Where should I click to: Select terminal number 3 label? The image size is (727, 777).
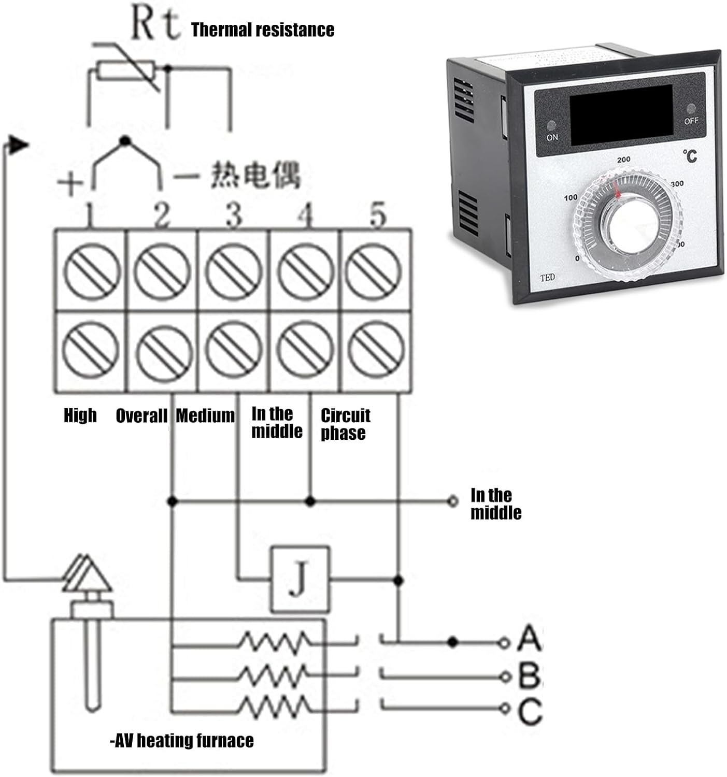tap(234, 215)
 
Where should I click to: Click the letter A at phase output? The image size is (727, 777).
tap(529, 638)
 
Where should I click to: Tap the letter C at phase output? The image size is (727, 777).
tap(529, 712)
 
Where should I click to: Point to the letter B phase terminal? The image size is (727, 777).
tap(529, 675)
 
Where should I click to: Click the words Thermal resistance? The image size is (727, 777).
tap(263, 30)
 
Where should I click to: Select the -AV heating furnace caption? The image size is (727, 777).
tap(182, 741)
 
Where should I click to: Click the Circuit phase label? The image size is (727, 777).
tap(345, 424)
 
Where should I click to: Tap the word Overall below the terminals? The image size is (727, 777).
tap(141, 415)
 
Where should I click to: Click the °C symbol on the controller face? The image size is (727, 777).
tap(690, 155)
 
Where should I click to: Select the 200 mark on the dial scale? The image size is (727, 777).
tap(624, 160)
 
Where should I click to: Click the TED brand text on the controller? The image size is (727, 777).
tap(547, 278)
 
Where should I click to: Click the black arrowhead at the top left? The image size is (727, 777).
tap(19, 145)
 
